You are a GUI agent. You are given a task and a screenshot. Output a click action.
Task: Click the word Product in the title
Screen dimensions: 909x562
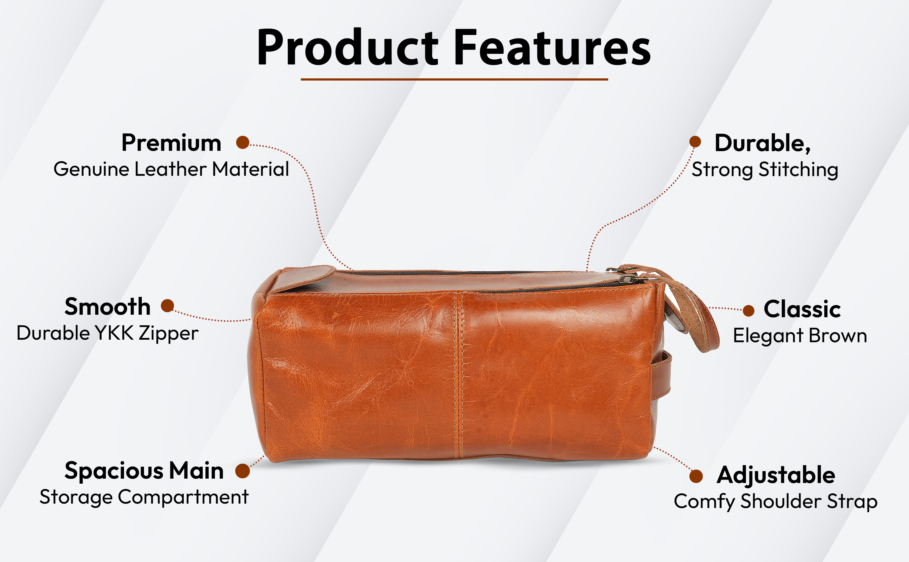(x=348, y=47)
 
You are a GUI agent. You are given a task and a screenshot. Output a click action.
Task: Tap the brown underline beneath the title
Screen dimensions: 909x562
(x=454, y=79)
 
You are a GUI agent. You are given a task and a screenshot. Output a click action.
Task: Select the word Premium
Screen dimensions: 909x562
(x=171, y=143)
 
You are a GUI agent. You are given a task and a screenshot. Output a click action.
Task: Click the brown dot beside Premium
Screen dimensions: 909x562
(x=243, y=142)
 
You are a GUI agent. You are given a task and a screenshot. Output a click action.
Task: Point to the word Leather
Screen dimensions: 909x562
(x=170, y=169)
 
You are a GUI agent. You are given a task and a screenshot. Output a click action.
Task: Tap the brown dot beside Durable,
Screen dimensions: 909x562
(x=695, y=142)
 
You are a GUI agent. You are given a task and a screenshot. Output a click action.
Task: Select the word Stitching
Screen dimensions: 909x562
(x=798, y=170)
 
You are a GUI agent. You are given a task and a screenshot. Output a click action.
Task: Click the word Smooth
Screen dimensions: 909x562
(x=107, y=307)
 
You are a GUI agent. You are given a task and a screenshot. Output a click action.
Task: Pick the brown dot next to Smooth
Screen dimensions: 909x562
(x=167, y=306)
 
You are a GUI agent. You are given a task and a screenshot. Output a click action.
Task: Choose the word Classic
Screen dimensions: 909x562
(x=802, y=309)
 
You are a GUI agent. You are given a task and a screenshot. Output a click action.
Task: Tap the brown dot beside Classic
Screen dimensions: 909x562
(x=748, y=311)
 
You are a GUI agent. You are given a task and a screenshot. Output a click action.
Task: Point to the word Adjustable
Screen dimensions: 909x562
(x=776, y=476)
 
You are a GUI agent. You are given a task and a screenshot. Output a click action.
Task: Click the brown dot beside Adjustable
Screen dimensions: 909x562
(x=696, y=476)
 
